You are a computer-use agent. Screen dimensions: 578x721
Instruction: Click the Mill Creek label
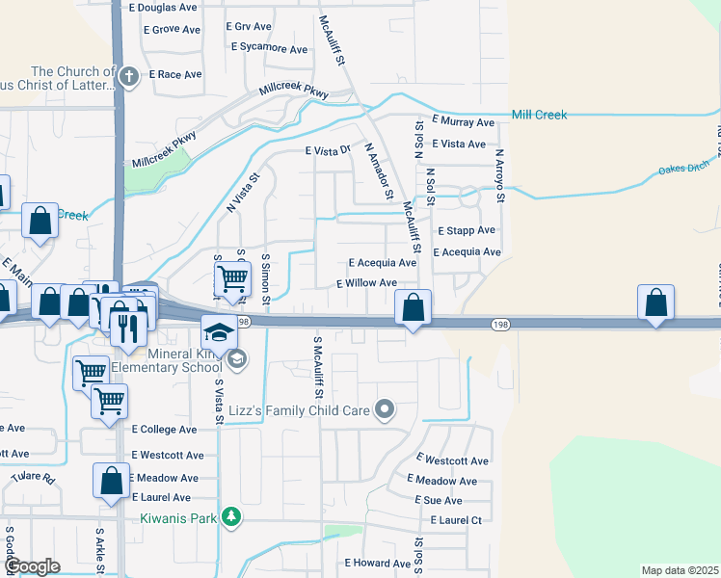(539, 115)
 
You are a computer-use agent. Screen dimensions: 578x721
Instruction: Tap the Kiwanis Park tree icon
(230, 518)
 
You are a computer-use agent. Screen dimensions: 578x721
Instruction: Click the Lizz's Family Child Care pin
(385, 410)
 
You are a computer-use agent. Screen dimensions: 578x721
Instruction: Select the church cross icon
(129, 74)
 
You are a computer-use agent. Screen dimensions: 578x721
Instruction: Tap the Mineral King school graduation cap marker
(219, 332)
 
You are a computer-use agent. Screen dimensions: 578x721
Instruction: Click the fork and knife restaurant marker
(128, 328)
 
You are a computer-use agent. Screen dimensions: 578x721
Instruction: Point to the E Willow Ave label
(366, 283)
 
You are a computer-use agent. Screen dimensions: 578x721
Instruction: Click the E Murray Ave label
(464, 122)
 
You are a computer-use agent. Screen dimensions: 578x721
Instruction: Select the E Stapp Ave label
(467, 231)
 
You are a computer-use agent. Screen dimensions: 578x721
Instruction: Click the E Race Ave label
(174, 74)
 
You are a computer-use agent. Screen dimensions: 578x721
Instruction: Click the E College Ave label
(164, 430)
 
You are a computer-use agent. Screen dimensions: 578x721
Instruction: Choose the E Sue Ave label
(438, 501)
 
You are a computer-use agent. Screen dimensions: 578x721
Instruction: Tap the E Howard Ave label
(377, 564)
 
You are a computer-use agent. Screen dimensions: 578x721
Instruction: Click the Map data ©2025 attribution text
(681, 570)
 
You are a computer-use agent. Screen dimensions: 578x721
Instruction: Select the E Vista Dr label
(327, 151)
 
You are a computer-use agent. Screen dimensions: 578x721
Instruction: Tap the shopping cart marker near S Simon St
(232, 279)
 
